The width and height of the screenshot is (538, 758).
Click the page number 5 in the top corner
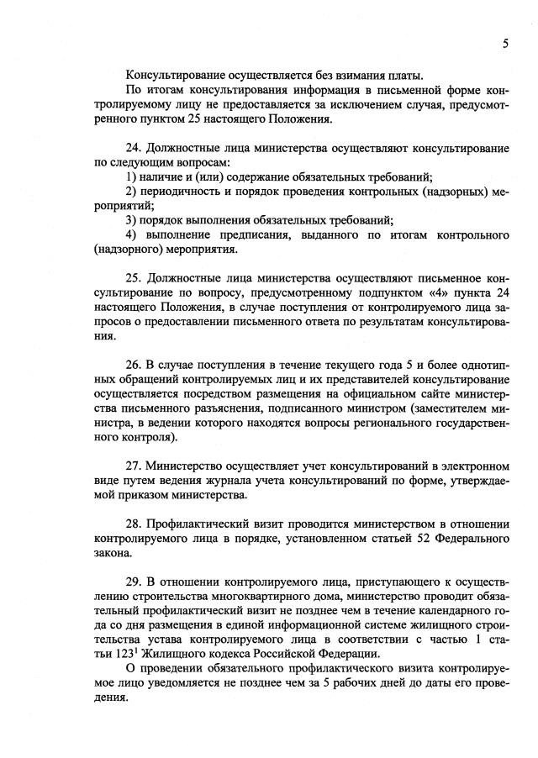(x=505, y=45)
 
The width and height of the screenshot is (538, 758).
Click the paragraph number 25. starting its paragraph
(x=135, y=278)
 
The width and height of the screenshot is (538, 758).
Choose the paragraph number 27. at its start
(x=135, y=466)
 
